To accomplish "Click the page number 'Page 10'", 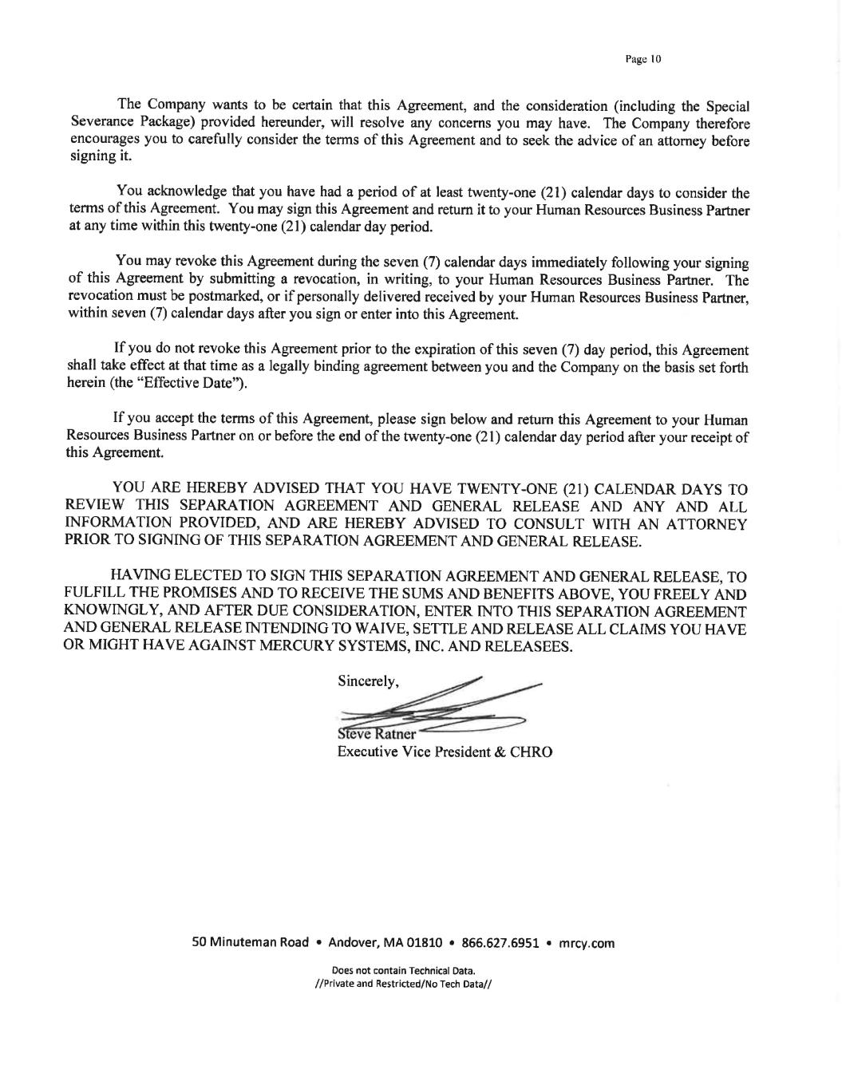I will tap(643, 59).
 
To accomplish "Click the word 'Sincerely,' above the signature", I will tap(368, 681).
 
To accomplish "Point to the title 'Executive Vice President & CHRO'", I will tap(445, 752).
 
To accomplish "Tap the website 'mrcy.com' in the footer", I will tap(587, 943).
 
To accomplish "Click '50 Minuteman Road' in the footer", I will tap(250, 943).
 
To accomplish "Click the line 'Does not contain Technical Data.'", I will tap(404, 971).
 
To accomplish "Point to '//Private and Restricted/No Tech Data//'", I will tap(404, 984).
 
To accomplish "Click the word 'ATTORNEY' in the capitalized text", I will tap(706, 524).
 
